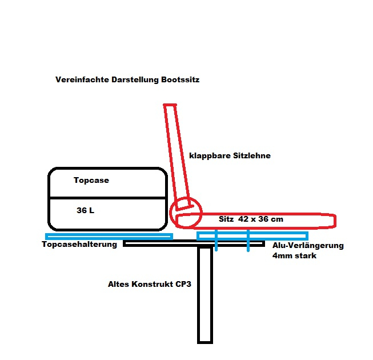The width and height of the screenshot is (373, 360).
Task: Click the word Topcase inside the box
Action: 91,181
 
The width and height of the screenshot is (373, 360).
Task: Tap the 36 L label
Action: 85,210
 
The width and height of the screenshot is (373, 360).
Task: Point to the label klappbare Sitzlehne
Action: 230,155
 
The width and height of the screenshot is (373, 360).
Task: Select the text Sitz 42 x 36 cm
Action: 251,219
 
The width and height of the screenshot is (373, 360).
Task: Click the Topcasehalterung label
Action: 79,245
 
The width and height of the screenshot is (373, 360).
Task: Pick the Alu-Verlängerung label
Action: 308,246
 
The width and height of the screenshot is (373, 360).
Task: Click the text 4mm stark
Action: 295,256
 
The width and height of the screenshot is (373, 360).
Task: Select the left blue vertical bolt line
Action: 216,240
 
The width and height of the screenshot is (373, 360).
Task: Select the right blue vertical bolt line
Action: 248,240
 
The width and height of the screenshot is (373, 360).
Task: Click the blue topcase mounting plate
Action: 109,236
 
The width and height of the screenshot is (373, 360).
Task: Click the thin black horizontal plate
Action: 171,244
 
